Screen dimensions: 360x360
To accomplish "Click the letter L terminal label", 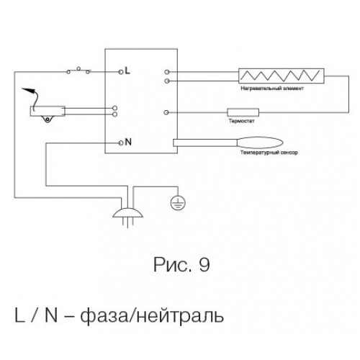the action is tap(127, 71).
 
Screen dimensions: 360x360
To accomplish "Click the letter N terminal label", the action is tap(128, 142).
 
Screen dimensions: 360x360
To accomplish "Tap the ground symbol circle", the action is tap(178, 203).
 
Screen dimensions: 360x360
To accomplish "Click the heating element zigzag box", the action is tap(282, 76).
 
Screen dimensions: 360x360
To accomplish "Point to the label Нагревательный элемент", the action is tap(272, 89).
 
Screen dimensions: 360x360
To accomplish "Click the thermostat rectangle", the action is tap(243, 112).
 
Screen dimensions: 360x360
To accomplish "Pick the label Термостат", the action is tap(241, 121).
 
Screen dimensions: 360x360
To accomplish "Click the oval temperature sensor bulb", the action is tap(260, 143).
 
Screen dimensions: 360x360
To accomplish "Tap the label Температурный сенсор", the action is tap(269, 153).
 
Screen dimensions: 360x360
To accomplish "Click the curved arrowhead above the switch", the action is tap(28, 90).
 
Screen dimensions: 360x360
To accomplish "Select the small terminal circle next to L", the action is tap(121, 72).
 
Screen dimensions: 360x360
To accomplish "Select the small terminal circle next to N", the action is tap(121, 143).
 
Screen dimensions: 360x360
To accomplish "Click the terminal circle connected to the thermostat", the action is tap(166, 112).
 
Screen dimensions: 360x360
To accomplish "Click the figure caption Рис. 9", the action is tap(181, 264).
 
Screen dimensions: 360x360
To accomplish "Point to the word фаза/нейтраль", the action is tap(152, 315).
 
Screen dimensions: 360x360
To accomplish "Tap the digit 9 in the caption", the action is tap(204, 264).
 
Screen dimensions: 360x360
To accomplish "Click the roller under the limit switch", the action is tap(48, 119).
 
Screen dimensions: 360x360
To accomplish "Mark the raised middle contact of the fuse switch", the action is tap(78, 68).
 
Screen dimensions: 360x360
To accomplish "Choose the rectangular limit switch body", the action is tap(48, 111).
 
